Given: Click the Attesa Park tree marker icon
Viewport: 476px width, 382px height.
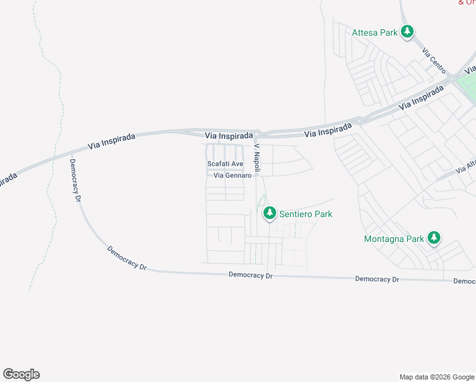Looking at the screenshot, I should click(407, 31).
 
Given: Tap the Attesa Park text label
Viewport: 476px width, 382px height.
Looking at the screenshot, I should click(375, 32).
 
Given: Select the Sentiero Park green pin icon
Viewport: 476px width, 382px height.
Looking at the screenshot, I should click(270, 213).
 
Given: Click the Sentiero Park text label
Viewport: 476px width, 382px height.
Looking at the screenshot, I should click(305, 215).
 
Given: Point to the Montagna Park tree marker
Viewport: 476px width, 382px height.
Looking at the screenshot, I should click(434, 238).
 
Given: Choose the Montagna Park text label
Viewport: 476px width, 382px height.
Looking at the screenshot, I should click(394, 239).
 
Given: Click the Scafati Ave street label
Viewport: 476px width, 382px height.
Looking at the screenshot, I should click(225, 164).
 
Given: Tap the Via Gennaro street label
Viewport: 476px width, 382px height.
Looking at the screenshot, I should click(228, 175).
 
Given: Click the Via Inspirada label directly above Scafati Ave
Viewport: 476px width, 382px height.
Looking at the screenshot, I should click(229, 136).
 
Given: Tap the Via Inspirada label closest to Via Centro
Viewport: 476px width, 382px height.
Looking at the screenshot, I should click(421, 97).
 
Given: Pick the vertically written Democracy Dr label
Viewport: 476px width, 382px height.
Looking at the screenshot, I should click(76, 180).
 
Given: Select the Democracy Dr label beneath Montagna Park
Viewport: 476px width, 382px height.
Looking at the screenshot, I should click(377, 279).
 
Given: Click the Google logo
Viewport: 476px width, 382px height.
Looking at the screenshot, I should click(22, 374).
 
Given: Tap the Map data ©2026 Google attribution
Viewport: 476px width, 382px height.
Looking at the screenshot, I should click(437, 377).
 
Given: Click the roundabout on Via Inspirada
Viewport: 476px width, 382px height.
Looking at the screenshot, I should click(360, 120).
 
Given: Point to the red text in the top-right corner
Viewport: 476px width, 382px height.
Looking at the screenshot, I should click(466, 3).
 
